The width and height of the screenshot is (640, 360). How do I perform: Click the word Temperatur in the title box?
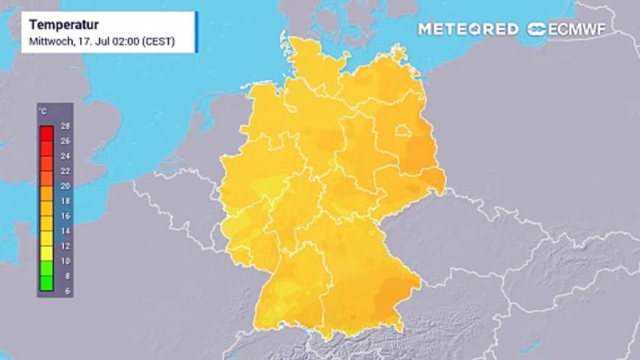64,24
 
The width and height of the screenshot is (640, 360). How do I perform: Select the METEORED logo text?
468,29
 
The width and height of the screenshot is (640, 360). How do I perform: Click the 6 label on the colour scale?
67,291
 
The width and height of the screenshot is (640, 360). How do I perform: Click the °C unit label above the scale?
42,111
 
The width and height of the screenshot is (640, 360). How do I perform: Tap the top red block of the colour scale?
46,133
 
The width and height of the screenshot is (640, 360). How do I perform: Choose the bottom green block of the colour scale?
46,283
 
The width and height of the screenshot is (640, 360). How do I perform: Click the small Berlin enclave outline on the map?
403,131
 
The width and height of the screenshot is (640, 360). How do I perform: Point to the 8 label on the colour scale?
67,276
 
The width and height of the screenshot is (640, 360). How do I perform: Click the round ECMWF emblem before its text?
536,29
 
